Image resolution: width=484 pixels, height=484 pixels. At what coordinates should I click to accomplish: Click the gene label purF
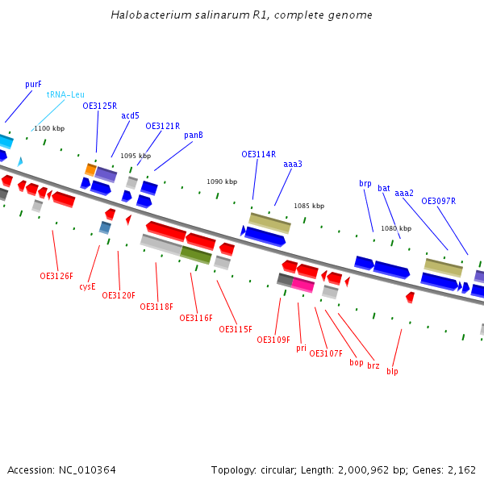point(33,84)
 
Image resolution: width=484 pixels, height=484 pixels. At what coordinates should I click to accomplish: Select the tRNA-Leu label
point(65,94)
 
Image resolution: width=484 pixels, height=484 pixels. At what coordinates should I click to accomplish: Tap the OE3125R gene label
point(99,106)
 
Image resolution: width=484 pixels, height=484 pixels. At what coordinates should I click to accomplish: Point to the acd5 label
point(130,115)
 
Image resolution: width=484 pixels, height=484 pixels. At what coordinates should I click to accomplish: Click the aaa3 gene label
point(292,164)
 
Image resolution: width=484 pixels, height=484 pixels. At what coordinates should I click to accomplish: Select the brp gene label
point(365,183)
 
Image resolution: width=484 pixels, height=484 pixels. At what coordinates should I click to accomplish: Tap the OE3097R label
point(438,201)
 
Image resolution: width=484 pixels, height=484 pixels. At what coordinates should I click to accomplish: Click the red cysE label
point(87,286)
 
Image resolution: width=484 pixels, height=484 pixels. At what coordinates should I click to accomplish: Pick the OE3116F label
point(196,318)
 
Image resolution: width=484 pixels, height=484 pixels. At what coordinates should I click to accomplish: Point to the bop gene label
point(356,362)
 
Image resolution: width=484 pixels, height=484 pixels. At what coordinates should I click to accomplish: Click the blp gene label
point(392,371)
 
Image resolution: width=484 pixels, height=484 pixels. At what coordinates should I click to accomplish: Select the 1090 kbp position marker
point(222,182)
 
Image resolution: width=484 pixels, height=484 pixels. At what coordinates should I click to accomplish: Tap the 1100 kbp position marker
point(49,128)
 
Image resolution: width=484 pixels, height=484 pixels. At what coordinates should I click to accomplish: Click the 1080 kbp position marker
point(396,228)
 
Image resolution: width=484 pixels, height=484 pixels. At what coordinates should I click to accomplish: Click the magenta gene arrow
point(302,285)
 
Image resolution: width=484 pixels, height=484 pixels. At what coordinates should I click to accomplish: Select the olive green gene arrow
point(195,255)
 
